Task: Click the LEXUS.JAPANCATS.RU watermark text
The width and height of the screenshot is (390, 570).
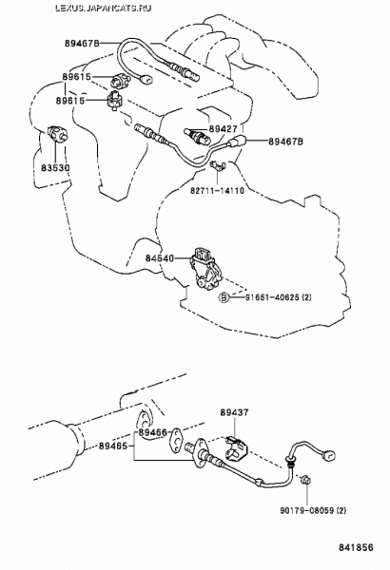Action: (x=104, y=8)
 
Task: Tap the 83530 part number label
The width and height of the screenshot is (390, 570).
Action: (x=55, y=168)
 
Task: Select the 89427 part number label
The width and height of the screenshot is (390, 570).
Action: (x=223, y=128)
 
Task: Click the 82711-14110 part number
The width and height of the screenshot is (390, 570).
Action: (x=217, y=190)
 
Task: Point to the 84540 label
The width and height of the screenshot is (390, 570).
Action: (x=160, y=258)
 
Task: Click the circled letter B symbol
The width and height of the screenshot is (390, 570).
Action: (x=224, y=297)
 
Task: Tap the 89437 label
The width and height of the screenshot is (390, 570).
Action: (x=234, y=412)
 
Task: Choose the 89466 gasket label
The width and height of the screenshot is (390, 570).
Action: (x=152, y=432)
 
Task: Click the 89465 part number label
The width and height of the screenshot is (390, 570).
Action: (x=113, y=446)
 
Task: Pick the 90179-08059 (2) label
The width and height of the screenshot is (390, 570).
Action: (x=313, y=510)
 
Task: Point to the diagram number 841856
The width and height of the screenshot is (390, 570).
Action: (x=357, y=547)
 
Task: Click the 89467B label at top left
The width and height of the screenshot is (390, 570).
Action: (x=83, y=44)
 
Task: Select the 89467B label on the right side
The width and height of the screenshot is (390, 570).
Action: (x=286, y=142)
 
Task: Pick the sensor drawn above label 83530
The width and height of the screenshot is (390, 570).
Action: (x=57, y=134)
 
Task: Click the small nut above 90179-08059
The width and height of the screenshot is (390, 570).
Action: (x=306, y=481)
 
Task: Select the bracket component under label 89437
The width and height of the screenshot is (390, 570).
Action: (x=237, y=449)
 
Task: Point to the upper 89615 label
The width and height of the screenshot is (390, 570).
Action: (x=76, y=77)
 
